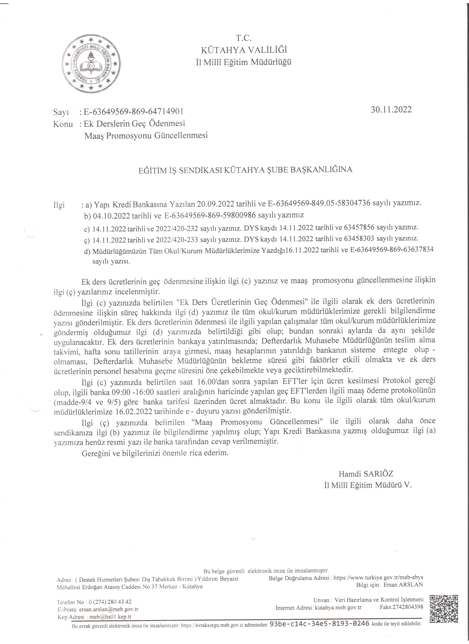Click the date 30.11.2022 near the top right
coord(391,110)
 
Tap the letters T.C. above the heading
coord(244,38)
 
